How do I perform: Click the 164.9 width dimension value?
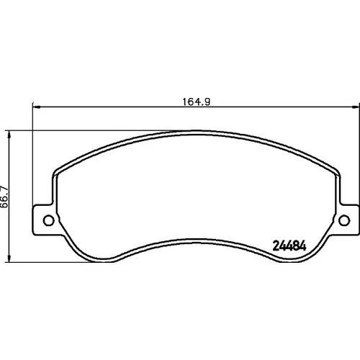click(197, 102)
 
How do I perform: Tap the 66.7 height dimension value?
click(4, 197)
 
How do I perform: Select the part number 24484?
click(289, 246)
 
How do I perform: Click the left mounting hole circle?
click(48, 220)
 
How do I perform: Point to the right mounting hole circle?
click(344, 220)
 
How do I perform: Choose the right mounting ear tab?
click(347, 220)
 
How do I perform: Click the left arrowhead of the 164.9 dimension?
click(36, 107)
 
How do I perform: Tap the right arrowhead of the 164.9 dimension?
click(356, 107)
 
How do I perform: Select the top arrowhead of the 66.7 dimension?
click(9, 135)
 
